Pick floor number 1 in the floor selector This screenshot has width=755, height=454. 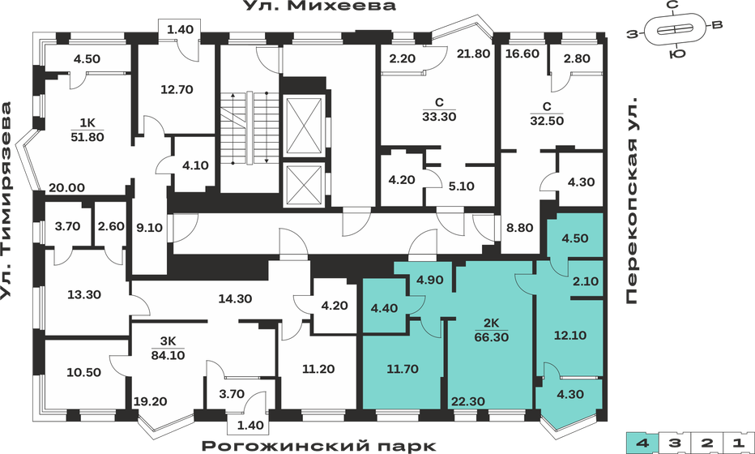[x=737, y=443]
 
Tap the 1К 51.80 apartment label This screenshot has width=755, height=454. [x=87, y=131]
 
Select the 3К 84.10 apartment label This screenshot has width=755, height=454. [x=165, y=347]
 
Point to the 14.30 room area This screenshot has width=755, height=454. [x=236, y=298]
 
